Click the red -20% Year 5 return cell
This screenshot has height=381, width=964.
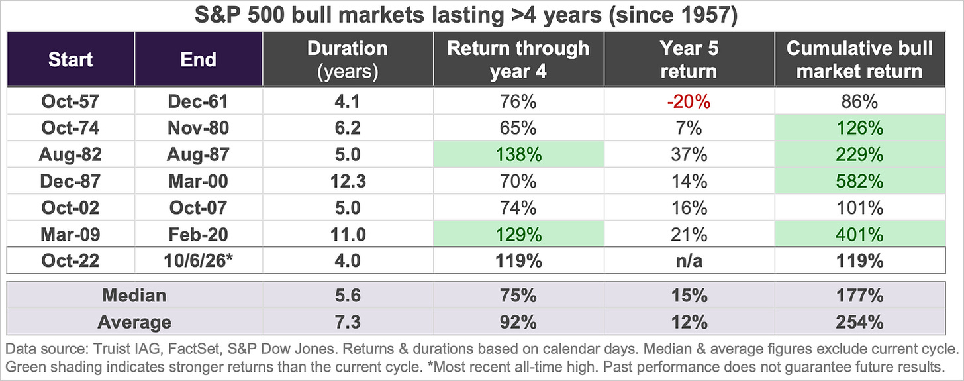[689, 101]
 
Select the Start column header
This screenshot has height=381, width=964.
[71, 60]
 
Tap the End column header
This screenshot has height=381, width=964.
[199, 60]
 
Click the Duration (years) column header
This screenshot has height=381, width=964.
[348, 60]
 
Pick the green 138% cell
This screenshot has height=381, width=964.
[518, 154]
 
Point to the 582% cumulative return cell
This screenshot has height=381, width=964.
[860, 182]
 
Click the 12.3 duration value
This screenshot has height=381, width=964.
[348, 182]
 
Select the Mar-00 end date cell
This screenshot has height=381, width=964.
[199, 182]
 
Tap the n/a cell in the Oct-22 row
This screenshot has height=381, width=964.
[689, 261]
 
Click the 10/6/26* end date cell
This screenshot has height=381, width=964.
[199, 261]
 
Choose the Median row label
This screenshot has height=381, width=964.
[134, 296]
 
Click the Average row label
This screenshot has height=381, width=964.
[134, 323]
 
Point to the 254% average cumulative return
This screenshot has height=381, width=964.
[860, 323]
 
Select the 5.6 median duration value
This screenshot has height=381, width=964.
[348, 296]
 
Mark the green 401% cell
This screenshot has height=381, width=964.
[860, 235]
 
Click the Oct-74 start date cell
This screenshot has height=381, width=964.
[71, 128]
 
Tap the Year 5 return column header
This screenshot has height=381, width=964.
[689, 60]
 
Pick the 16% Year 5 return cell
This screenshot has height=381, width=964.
[689, 208]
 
